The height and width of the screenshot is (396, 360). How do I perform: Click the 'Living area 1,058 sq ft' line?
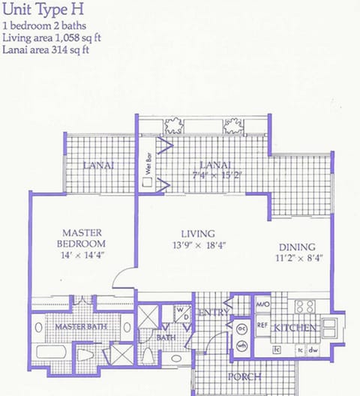click(x=53, y=39)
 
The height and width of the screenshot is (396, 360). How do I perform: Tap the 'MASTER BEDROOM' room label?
click(x=82, y=238)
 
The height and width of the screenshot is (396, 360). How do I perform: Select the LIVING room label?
click(x=198, y=233)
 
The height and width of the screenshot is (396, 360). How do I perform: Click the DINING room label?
click(x=297, y=247)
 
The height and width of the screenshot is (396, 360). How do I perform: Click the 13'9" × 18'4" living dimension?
click(x=199, y=245)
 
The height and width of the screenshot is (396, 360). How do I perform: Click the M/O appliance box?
click(x=262, y=305)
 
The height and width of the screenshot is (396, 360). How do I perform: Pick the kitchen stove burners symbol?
click(x=304, y=307)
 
